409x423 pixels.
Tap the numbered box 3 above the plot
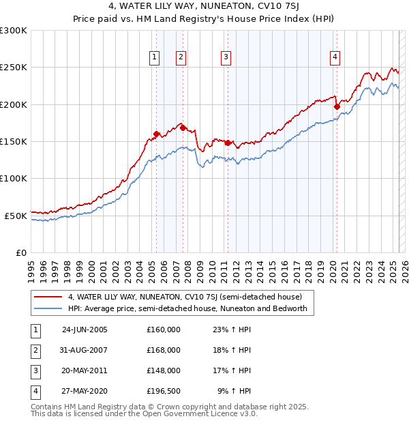click(226, 58)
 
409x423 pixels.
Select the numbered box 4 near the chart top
click(335, 58)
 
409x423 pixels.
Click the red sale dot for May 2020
click(337, 106)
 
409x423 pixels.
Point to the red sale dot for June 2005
click(157, 134)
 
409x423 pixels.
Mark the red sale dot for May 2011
click(228, 143)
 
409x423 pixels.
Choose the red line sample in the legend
click(48, 297)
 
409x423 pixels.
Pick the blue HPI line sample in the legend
click(48, 308)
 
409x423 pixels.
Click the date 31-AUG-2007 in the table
click(85, 350)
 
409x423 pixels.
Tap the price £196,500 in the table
click(164, 391)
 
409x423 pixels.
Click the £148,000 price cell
click(164, 370)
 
